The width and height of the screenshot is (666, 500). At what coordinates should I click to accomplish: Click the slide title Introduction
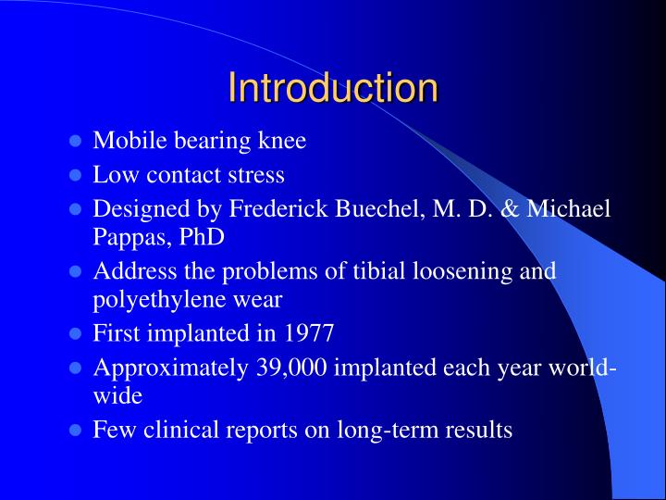click(x=333, y=88)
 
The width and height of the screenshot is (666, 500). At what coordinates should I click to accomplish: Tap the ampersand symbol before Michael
click(x=510, y=208)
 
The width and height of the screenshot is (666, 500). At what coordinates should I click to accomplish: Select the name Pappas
click(x=124, y=236)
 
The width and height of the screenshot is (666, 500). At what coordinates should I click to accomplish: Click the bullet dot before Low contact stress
click(x=77, y=175)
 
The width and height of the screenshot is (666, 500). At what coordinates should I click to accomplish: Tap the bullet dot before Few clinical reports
click(x=77, y=431)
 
